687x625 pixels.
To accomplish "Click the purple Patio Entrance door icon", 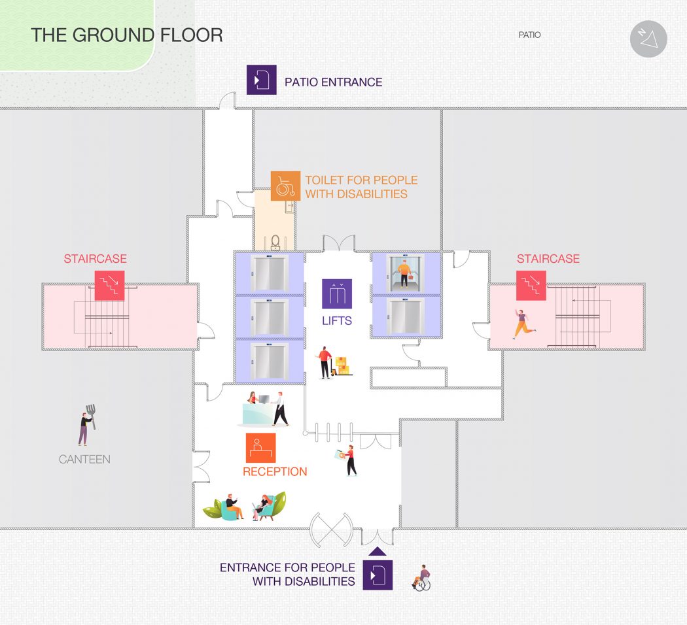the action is (262, 80).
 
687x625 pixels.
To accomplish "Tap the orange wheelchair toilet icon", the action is (286, 186).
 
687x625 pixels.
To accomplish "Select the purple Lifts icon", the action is (337, 294).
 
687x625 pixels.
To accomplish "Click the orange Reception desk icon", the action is (260, 448).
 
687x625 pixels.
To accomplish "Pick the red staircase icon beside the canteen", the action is (109, 285).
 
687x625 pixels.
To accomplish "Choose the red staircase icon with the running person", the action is (531, 285).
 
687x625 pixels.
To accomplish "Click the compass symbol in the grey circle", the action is (648, 39).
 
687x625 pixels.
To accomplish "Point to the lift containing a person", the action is (405, 273).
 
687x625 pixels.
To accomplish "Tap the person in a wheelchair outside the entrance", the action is (421, 578).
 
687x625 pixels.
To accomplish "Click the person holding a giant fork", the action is (87, 425).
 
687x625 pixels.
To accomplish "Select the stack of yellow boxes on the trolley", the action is (342, 366).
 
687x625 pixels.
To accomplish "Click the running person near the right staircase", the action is (523, 324).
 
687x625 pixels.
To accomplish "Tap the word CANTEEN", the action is (84, 459).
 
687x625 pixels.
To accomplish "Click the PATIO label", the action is (530, 35).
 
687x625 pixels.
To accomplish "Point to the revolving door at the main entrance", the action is (331, 530).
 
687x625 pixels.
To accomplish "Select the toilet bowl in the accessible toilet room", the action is (275, 242).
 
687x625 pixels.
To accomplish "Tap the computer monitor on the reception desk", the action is (264, 399).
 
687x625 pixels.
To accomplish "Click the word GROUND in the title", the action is (113, 35).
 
